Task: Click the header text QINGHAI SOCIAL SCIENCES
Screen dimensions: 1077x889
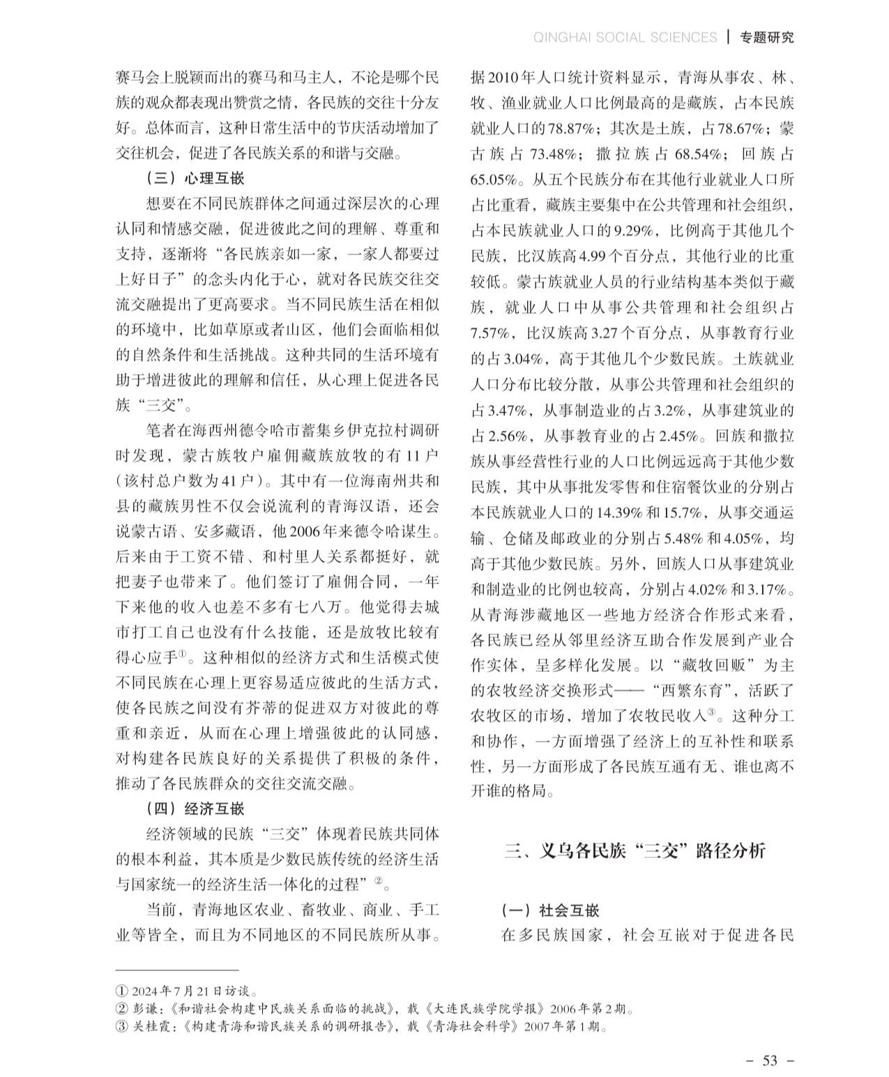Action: click(625, 37)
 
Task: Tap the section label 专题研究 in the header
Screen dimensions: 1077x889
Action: click(766, 37)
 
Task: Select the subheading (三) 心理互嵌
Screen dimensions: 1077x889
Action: click(195, 178)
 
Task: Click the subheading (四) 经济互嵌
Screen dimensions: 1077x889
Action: click(195, 809)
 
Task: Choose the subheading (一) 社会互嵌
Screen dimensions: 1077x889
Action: click(550, 910)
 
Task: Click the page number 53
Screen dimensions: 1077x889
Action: click(770, 1060)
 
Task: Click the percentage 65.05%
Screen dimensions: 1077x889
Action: click(493, 180)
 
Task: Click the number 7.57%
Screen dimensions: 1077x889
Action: click(493, 333)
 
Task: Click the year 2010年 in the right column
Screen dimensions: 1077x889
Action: click(508, 77)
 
